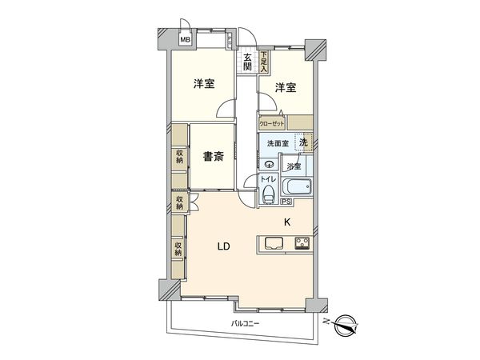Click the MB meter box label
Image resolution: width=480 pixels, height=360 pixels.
tap(184, 41)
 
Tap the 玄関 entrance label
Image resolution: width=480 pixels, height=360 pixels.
tap(248, 62)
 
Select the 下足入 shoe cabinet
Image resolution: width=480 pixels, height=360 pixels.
tap(264, 62)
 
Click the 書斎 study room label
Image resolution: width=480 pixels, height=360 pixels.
tap(211, 156)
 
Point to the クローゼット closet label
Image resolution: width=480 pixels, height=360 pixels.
tap(273, 123)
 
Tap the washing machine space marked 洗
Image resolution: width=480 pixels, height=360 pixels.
tap(303, 142)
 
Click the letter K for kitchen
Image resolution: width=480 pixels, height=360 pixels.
tap(286, 223)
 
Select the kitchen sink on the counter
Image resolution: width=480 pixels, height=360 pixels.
tap(270, 245)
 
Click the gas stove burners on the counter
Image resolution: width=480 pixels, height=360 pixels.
tap(302, 244)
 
